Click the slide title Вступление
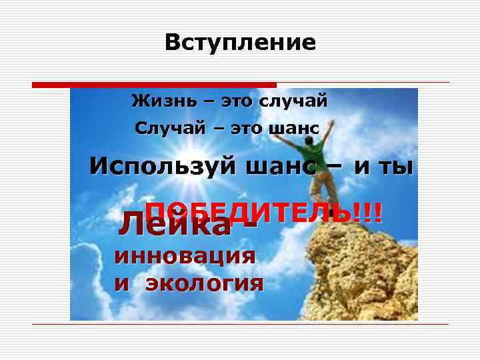point(240,43)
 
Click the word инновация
point(185,256)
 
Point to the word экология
point(204,283)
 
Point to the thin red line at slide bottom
point(240,325)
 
